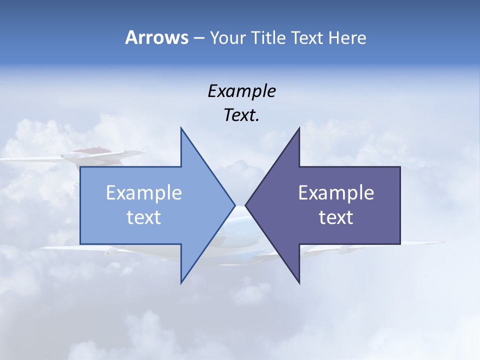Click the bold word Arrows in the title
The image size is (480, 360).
[x=156, y=37]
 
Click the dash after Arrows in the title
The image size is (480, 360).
[x=198, y=38]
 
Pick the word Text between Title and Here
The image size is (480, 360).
[x=307, y=37]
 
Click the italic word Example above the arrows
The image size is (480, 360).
[x=241, y=91]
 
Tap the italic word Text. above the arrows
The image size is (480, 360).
[x=241, y=115]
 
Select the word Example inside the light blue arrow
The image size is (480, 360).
[x=144, y=193]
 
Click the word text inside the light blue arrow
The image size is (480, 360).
[x=144, y=217]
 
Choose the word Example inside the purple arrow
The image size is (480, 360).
[x=336, y=193]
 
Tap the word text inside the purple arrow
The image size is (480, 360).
[x=336, y=217]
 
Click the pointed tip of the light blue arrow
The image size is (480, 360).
[x=234, y=205]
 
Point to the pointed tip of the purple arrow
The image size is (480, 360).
[x=246, y=205]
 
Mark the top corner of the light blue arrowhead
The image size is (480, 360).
[x=181, y=128]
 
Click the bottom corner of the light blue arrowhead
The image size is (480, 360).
[x=181, y=282]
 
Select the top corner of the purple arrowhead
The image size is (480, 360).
[x=299, y=128]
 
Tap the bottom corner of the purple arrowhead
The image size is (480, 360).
[x=299, y=282]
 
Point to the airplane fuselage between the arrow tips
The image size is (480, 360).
[x=240, y=220]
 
